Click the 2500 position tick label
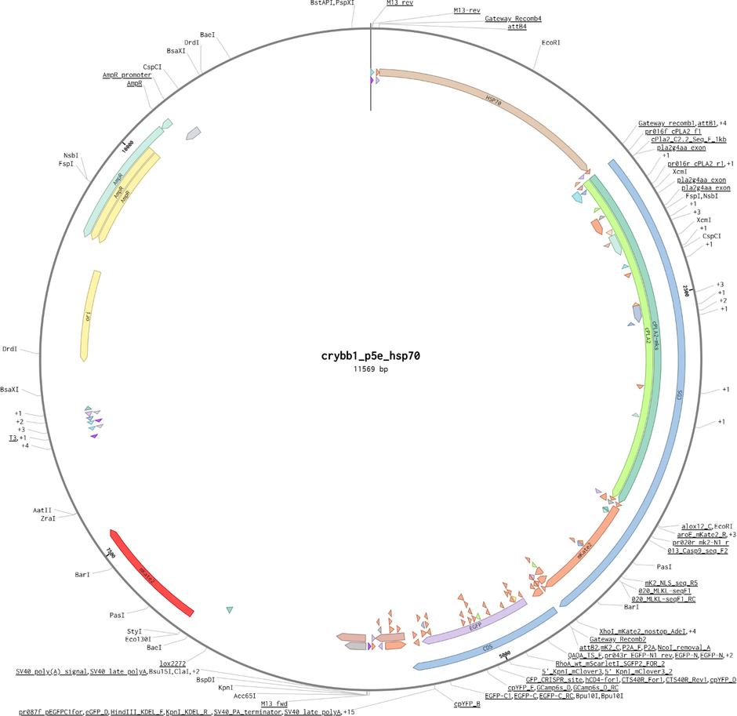[688, 291]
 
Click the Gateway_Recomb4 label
[513, 18]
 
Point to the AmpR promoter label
[127, 75]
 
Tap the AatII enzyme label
[42, 510]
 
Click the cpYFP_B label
[467, 703]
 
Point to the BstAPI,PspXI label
[332, 3]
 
